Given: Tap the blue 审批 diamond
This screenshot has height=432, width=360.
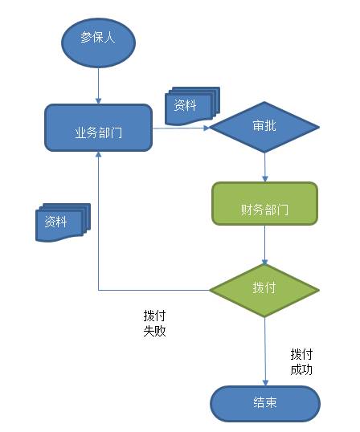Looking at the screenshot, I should pos(265,128).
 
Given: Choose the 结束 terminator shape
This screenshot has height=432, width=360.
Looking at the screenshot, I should pos(264,402).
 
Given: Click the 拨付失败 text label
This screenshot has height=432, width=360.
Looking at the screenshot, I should pos(154,323).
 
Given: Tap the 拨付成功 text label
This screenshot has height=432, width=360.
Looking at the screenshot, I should pos(301,361).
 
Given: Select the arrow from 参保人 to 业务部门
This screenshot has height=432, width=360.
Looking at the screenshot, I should pos(98,84).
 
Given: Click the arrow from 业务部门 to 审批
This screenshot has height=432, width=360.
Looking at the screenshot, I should pos(181,128).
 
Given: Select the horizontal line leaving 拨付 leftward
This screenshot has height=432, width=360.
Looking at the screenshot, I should pos(153,289).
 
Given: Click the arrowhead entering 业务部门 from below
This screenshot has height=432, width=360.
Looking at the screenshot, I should pos(98,157).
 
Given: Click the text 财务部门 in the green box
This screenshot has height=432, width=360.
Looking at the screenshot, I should pos(264,210).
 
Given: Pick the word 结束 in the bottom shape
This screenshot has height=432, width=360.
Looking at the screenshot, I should pos(264,402).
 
